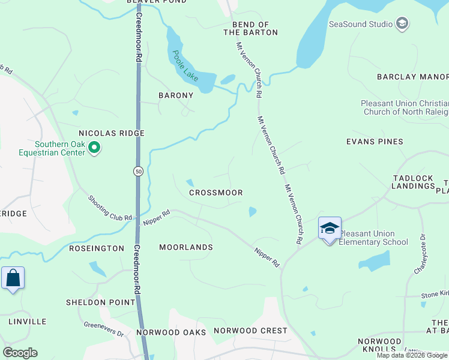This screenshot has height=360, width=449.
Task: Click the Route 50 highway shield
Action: (138, 172)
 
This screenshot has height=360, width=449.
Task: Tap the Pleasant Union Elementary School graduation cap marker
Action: (330, 229)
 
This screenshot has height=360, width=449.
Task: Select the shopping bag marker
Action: (13, 278)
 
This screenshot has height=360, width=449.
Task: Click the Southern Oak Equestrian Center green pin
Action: (94, 147)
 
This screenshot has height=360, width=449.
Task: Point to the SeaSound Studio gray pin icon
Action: (402, 25)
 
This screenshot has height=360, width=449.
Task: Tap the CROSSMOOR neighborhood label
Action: (215, 193)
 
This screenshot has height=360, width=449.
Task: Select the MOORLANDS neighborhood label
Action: (186, 247)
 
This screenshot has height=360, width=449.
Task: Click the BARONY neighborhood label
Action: (176, 95)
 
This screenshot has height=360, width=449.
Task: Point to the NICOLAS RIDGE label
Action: (112, 133)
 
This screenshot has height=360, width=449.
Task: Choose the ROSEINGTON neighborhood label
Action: (97, 248)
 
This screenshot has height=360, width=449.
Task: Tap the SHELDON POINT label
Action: (101, 302)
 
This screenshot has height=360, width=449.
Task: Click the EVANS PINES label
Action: (374, 142)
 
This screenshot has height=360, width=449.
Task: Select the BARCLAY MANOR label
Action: (412, 77)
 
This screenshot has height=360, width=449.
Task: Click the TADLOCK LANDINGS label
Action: (413, 182)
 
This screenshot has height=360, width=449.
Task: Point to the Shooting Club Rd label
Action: (110, 208)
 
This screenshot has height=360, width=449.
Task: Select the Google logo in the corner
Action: (20, 352)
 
